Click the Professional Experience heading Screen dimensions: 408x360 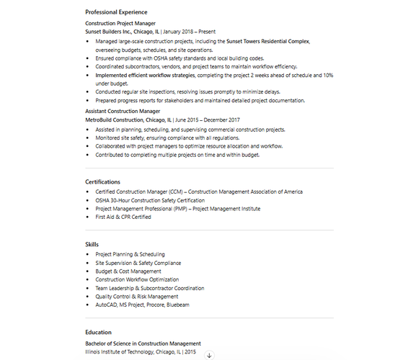coord(116,12)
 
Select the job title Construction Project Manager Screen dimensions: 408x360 coord(120,24)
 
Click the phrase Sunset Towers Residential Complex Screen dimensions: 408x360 coord(267,41)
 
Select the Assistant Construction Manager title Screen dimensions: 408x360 coord(123,112)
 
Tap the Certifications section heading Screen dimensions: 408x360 coord(102,182)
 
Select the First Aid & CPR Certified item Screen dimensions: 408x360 coord(123,217)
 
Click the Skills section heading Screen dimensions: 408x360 coord(92,245)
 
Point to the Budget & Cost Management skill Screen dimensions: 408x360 coord(128,271)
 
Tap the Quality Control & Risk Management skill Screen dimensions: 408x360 coord(136,297)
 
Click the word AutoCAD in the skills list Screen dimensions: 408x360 coord(106,305)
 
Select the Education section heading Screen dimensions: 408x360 coord(98,333)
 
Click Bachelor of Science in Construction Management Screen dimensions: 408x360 coord(143,344)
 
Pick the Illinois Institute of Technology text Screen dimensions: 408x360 coord(120,352)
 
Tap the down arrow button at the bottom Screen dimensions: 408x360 coord(210,355)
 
